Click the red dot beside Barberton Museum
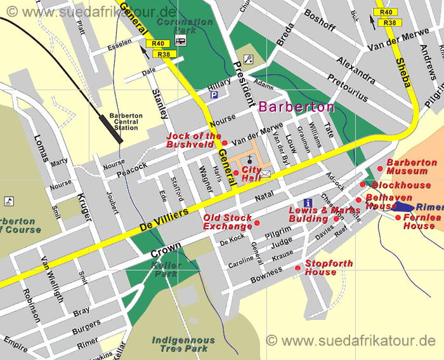point(380,169)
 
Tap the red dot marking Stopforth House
point(298,268)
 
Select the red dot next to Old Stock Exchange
point(257,223)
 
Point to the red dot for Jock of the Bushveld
point(225,143)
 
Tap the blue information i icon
point(308,203)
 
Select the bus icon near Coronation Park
point(181,41)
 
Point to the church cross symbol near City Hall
point(251,159)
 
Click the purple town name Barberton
point(296,107)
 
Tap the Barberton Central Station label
point(126,121)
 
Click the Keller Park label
point(166,269)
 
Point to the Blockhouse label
point(401,185)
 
